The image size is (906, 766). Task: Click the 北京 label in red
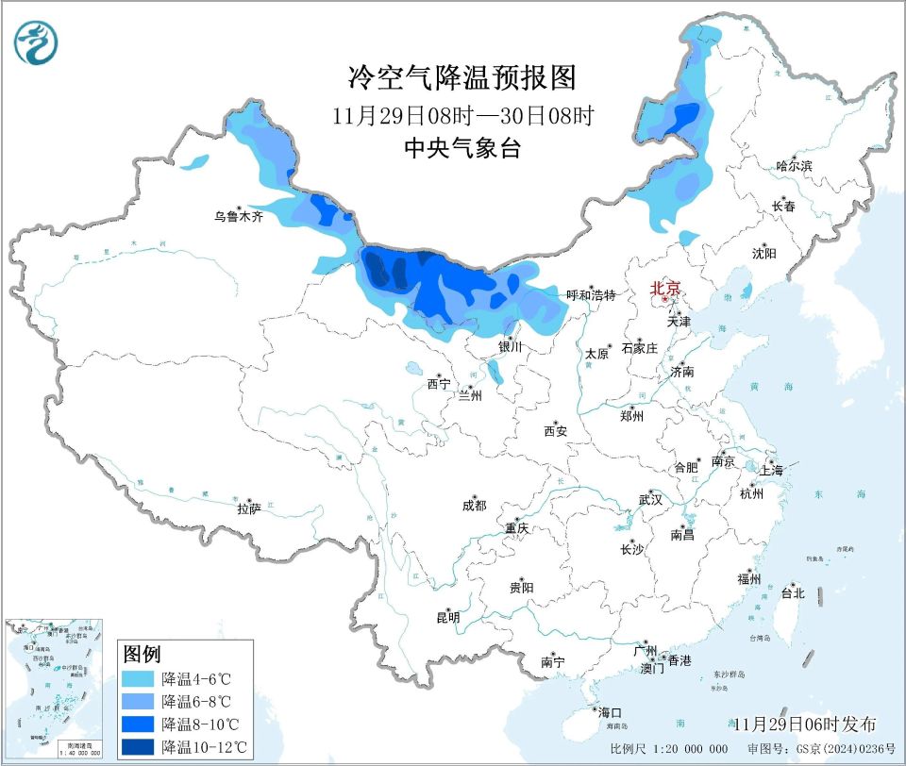(x=664, y=289)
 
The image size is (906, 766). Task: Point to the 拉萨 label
(x=248, y=509)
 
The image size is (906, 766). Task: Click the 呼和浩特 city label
(x=590, y=295)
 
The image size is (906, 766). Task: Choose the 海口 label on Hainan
(x=609, y=712)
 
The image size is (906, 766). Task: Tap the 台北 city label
(x=792, y=593)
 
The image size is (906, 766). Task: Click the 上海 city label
(x=771, y=470)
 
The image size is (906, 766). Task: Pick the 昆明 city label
(x=447, y=618)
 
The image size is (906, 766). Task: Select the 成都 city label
(x=474, y=506)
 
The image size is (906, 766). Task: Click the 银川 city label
(x=510, y=347)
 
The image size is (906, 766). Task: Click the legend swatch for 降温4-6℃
(x=139, y=678)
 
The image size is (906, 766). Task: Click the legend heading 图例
(x=142, y=654)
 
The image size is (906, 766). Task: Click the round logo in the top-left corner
(x=36, y=42)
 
